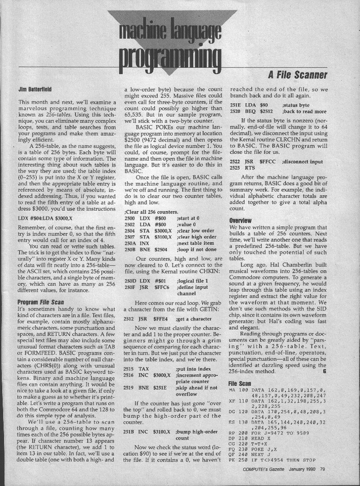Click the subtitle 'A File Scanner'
point(297,74)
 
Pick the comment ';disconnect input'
point(302,186)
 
